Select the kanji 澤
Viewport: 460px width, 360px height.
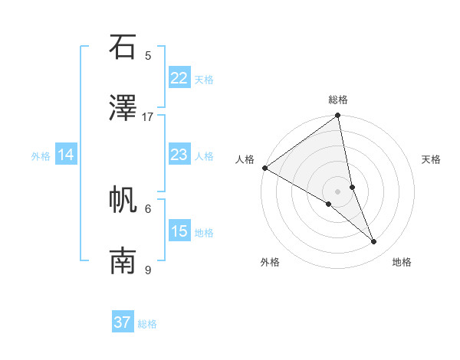coord(123,108)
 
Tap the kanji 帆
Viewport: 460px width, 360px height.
coord(123,200)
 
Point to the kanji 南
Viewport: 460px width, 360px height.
coord(123,261)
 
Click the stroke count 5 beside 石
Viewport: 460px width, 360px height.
coord(148,55)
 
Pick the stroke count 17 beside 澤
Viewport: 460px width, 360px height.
coord(148,116)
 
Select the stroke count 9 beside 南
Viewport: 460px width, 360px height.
coord(148,270)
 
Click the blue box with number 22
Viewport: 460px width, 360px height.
coord(179,78)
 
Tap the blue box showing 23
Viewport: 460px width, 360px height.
coord(179,155)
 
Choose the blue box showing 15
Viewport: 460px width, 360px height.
coord(179,231)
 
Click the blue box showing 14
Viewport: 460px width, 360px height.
coord(66,155)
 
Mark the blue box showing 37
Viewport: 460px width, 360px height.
coord(123,322)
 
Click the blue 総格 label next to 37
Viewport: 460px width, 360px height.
coord(147,324)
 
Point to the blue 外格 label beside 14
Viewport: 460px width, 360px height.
coord(41,155)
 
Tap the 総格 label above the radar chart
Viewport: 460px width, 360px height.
coord(338,100)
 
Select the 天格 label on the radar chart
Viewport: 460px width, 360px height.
coord(431,159)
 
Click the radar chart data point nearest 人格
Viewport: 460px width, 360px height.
coord(264,168)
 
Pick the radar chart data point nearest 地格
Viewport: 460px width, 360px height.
coord(374,242)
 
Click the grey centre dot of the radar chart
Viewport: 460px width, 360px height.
coord(337,191)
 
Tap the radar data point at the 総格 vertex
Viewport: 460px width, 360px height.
coord(338,116)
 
